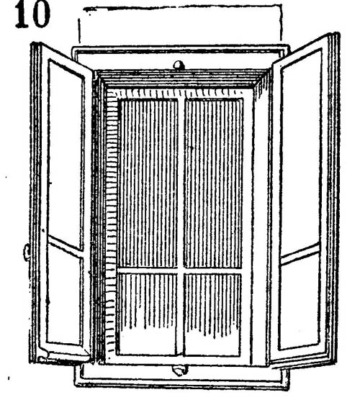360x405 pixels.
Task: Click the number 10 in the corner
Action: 32,15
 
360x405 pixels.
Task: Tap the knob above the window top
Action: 179,65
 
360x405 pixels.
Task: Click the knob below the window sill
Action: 179,370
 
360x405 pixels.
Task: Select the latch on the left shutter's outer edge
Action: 27,252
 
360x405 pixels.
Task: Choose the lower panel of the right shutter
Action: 300,301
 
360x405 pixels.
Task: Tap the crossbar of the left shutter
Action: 66,247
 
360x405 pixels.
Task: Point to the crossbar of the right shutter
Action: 300,254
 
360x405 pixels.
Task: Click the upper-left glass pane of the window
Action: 148,183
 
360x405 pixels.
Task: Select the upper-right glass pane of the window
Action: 213,183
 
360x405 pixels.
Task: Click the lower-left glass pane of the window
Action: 148,314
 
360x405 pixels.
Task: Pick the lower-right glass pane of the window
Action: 212,314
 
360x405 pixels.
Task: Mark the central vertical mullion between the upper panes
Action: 181,183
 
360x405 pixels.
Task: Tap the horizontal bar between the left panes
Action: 148,270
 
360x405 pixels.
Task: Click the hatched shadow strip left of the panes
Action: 111,224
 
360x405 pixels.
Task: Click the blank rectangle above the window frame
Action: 180,26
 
